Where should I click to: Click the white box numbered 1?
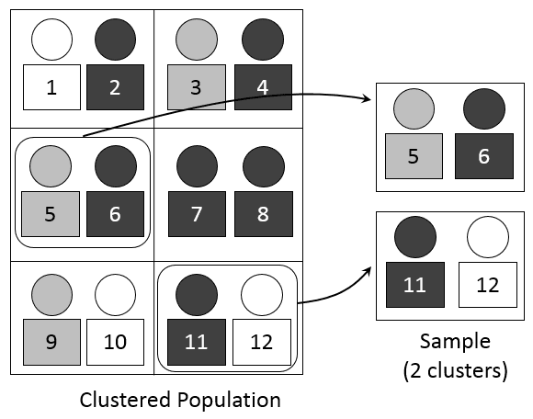pyautogui.click(x=51, y=87)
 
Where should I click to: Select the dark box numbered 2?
pyautogui.click(x=115, y=87)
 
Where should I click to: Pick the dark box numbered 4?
pyautogui.click(x=262, y=87)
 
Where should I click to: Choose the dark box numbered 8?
pyautogui.click(x=262, y=214)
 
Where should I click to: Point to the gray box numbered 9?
pyautogui.click(x=51, y=343)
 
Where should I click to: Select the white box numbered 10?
pyautogui.click(x=115, y=343)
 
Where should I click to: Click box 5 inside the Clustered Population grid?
pyautogui.click(x=51, y=214)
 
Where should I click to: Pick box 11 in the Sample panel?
pyautogui.click(x=414, y=284)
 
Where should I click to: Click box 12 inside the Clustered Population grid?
pyautogui.click(x=262, y=343)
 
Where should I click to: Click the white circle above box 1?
pyautogui.click(x=51, y=39)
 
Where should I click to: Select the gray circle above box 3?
pyautogui.click(x=197, y=39)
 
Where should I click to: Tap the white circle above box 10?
pyautogui.click(x=115, y=294)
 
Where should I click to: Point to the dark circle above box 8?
pyautogui.click(x=262, y=165)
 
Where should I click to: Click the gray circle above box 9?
pyautogui.click(x=51, y=294)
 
